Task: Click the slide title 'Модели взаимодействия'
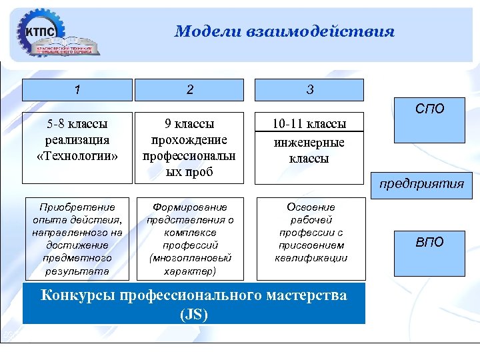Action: click(285, 31)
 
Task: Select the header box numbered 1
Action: click(77, 90)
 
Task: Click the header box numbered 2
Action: click(190, 90)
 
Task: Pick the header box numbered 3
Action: click(310, 90)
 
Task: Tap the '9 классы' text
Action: click(190, 124)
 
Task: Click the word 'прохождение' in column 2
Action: click(190, 140)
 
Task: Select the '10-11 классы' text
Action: click(310, 125)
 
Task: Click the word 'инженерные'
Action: click(310, 143)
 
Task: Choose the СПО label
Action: click(429, 109)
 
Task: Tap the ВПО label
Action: click(429, 242)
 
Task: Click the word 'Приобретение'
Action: click(77, 207)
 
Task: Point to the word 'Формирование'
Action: click(190, 207)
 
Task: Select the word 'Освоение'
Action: click(311, 207)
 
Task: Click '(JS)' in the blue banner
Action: click(194, 314)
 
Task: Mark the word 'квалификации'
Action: click(311, 258)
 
